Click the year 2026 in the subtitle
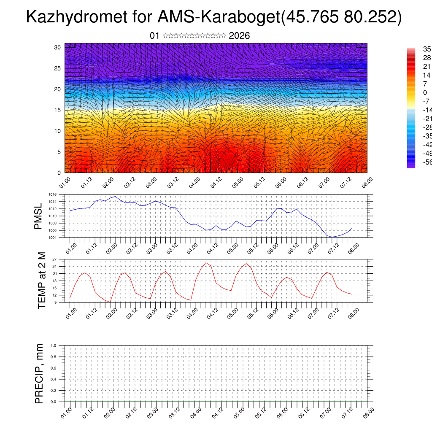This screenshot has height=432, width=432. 239,36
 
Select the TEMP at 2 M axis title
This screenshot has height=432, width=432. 41,280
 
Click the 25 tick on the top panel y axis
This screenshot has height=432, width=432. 58,68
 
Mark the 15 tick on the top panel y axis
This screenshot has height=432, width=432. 58,110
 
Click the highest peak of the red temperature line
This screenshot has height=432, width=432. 206,262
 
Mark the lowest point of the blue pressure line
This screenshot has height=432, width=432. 332,237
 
